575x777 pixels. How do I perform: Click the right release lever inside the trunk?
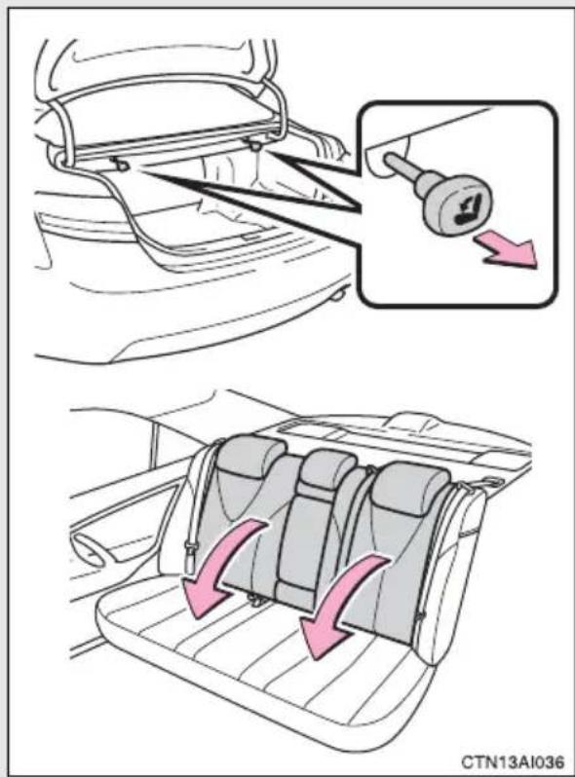255,144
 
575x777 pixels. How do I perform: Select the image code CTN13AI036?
513,760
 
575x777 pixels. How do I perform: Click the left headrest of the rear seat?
250,457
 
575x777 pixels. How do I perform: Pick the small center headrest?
328,468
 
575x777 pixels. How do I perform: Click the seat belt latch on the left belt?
189,558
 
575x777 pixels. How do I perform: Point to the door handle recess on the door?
92,545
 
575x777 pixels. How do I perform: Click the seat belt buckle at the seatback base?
255,600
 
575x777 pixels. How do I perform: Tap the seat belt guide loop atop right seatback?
491,482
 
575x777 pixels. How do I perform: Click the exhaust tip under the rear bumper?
339,296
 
